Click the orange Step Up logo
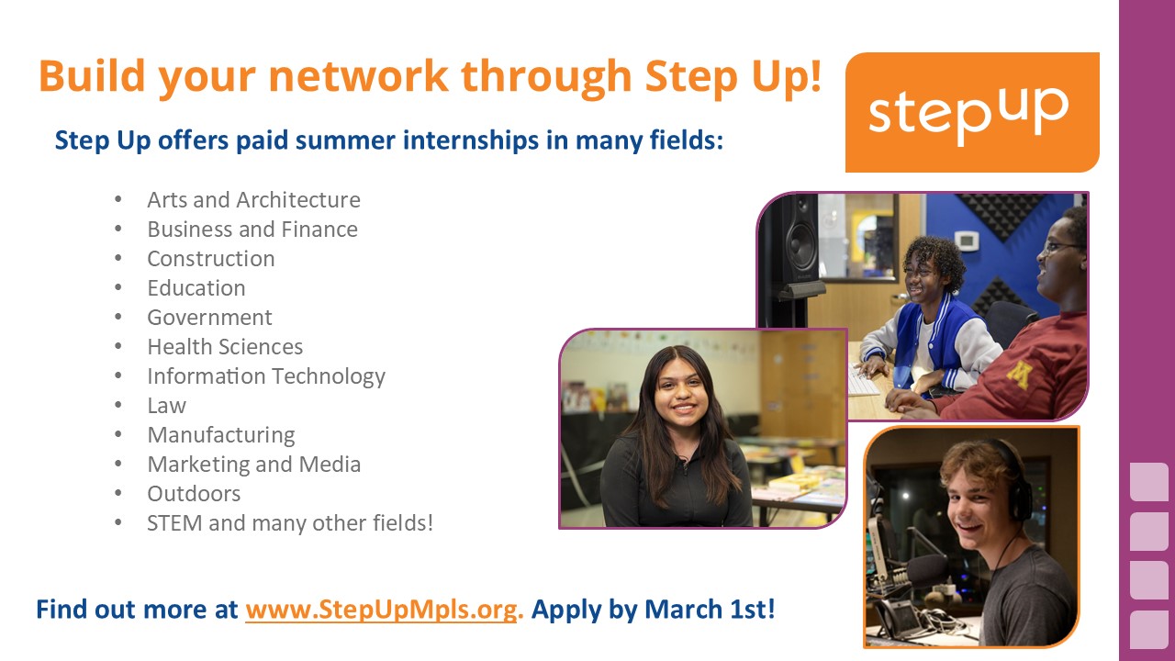coord(972,112)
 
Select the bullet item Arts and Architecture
coord(254,200)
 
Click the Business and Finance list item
coord(252,230)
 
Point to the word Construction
coord(211,259)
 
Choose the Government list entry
coord(210,318)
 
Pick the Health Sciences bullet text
coord(225,347)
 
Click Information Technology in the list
coord(266,376)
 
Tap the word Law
coord(167,406)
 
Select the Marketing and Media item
coord(254,465)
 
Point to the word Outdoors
coord(194,494)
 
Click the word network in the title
coord(358,76)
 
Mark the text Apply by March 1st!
coord(653,610)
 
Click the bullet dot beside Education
coord(118,287)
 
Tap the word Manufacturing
coord(221,435)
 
